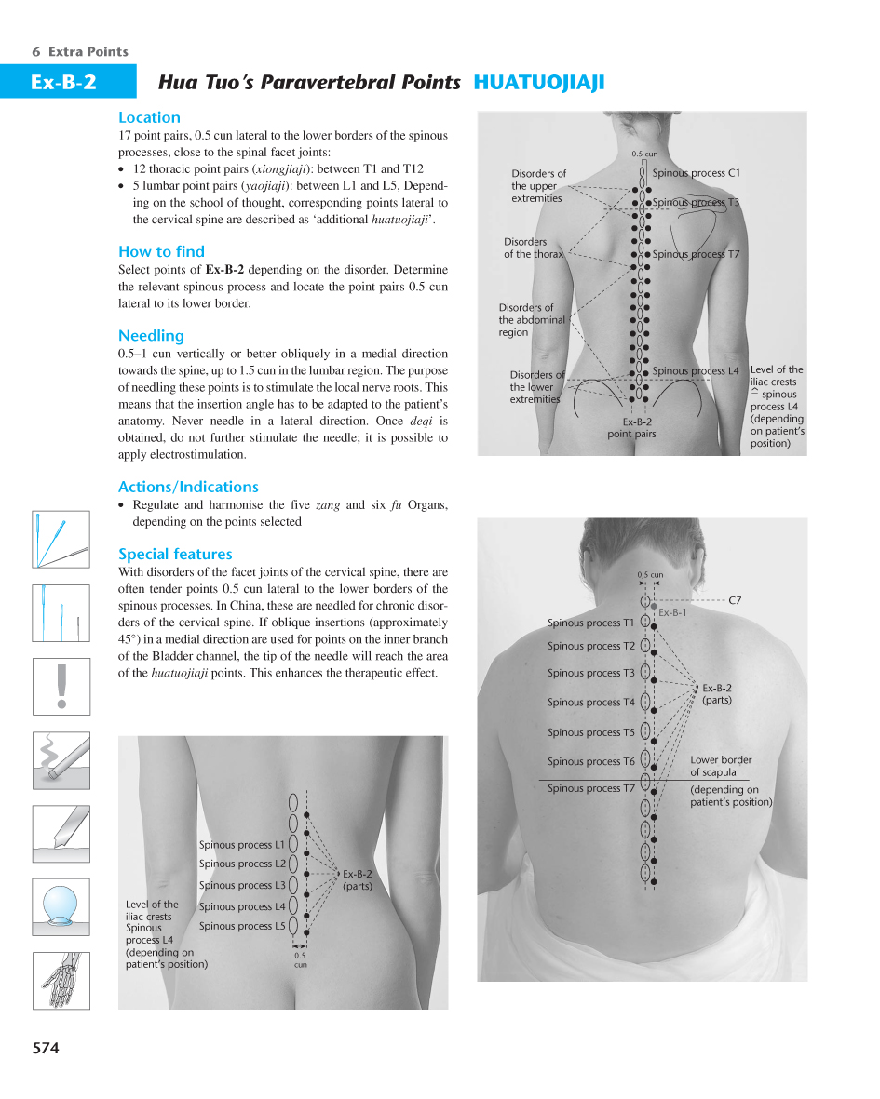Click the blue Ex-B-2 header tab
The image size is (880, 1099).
[63, 83]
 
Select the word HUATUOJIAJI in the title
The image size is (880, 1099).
[539, 83]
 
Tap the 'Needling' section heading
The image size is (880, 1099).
[151, 336]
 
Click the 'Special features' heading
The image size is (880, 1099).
[175, 555]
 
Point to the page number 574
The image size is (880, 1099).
[46, 1048]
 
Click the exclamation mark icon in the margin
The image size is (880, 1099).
[61, 686]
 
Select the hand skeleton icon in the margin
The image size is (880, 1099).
[61, 979]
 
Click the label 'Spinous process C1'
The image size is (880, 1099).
[696, 173]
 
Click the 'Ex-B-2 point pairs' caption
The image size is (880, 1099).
[631, 428]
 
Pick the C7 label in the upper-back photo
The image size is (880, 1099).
[735, 601]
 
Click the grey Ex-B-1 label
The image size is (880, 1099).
[672, 612]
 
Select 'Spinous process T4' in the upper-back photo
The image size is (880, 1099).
[590, 703]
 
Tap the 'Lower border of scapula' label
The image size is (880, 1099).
[721, 766]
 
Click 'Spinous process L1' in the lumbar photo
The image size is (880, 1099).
[242, 845]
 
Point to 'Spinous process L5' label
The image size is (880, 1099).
[242, 926]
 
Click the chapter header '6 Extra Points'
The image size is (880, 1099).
[80, 52]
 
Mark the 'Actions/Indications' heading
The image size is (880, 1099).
[188, 488]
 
